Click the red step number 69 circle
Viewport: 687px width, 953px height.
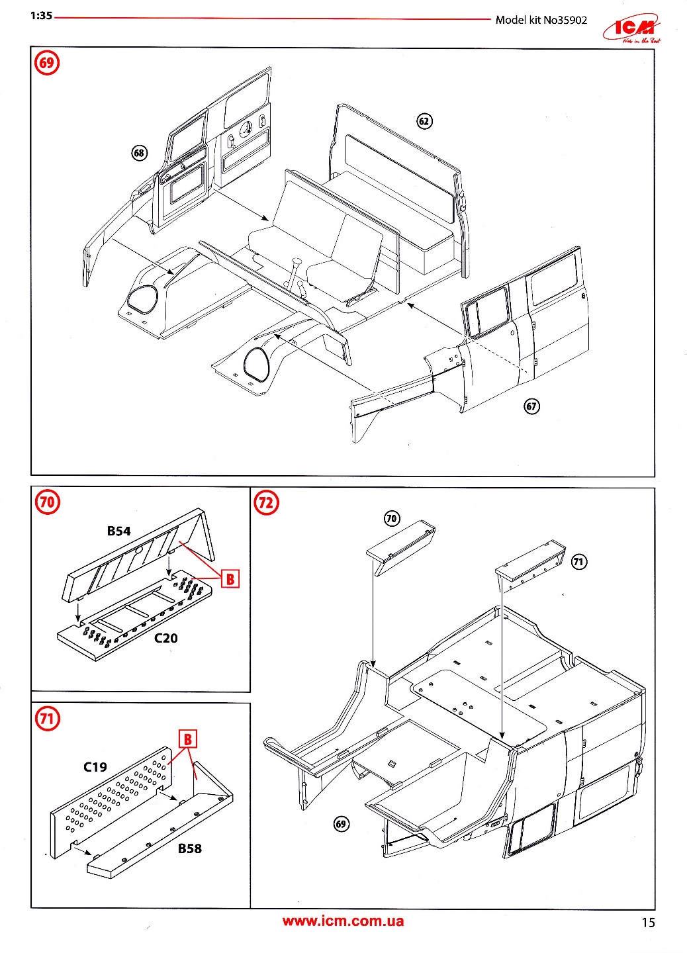pyautogui.click(x=46, y=63)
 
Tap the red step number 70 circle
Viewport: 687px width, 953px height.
pyautogui.click(x=47, y=501)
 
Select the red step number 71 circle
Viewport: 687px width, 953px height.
pyautogui.click(x=47, y=718)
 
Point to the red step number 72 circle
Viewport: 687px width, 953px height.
pyautogui.click(x=266, y=502)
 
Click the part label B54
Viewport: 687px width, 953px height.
pyautogui.click(x=119, y=531)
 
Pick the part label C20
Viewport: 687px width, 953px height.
pyautogui.click(x=165, y=638)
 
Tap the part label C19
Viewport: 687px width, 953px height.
pyautogui.click(x=95, y=766)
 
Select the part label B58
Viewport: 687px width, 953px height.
pyautogui.click(x=189, y=848)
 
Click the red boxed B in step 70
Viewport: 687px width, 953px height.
pyautogui.click(x=230, y=579)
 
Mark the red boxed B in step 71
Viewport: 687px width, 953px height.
pyautogui.click(x=188, y=739)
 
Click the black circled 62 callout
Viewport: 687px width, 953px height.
pyautogui.click(x=424, y=121)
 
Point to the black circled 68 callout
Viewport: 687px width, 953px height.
pyautogui.click(x=139, y=153)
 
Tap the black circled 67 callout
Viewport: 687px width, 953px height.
pyautogui.click(x=531, y=406)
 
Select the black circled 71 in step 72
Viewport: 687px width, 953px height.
pyautogui.click(x=578, y=562)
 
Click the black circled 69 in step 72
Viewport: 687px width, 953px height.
pyautogui.click(x=341, y=824)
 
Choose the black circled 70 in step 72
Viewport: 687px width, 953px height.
pyautogui.click(x=392, y=518)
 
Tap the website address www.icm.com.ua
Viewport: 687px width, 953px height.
pyautogui.click(x=343, y=921)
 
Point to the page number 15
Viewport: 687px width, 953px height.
pyautogui.click(x=648, y=923)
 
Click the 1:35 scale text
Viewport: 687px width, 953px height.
pyautogui.click(x=41, y=16)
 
